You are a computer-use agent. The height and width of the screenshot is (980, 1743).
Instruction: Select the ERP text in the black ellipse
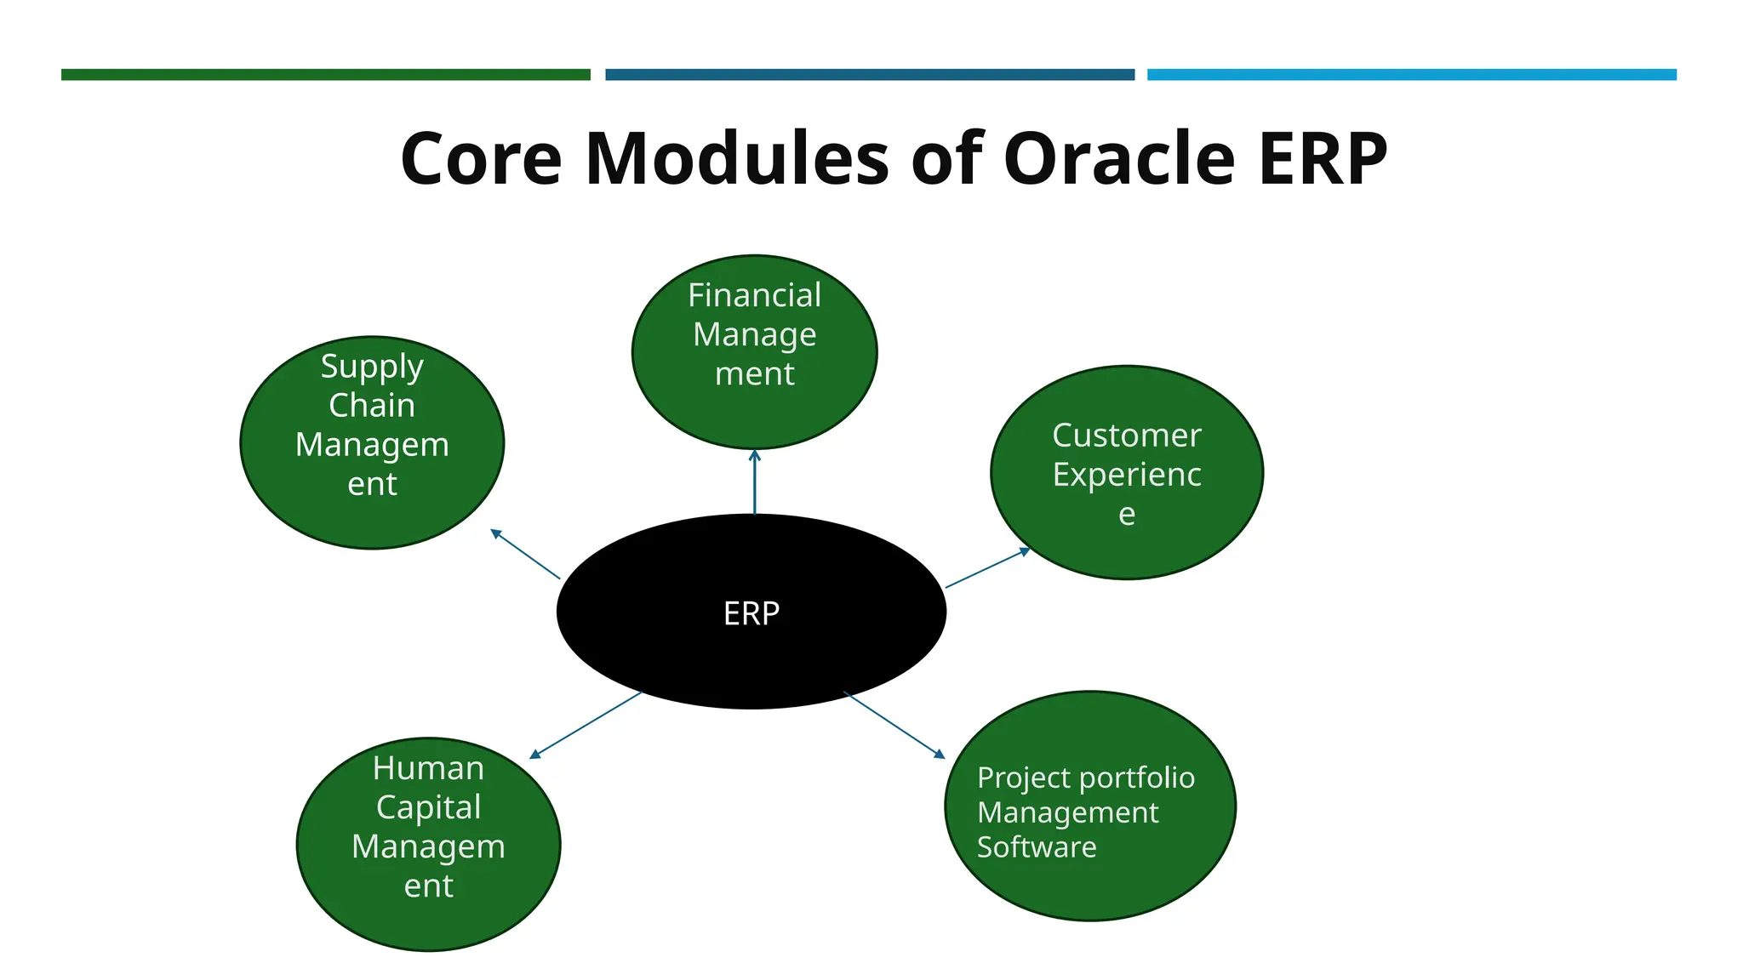(751, 613)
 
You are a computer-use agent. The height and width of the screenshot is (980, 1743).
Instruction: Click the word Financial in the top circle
(754, 295)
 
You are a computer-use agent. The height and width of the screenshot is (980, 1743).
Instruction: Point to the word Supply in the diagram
(372, 367)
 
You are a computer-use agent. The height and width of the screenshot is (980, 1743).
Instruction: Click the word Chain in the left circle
(372, 405)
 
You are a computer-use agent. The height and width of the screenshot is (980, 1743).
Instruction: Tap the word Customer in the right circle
(1126, 435)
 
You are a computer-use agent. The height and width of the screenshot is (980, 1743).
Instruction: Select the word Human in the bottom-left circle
(428, 768)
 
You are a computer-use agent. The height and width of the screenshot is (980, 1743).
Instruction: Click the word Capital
(428, 806)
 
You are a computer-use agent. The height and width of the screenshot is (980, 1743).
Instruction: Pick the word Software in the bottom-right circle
(1036, 847)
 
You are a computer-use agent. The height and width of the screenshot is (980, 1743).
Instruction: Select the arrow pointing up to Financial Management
(754, 482)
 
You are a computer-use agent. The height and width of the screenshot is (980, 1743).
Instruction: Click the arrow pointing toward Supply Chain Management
(525, 554)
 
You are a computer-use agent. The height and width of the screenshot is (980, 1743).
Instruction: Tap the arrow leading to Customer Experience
(987, 568)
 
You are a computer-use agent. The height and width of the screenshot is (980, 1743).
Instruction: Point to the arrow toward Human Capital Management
(586, 725)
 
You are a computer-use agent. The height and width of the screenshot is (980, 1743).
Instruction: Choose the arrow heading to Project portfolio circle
(894, 724)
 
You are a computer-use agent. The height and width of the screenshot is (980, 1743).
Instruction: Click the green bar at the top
(325, 75)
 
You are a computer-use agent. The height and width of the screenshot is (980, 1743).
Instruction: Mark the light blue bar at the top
(1411, 75)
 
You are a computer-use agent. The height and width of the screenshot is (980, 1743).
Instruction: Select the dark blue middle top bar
(869, 75)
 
